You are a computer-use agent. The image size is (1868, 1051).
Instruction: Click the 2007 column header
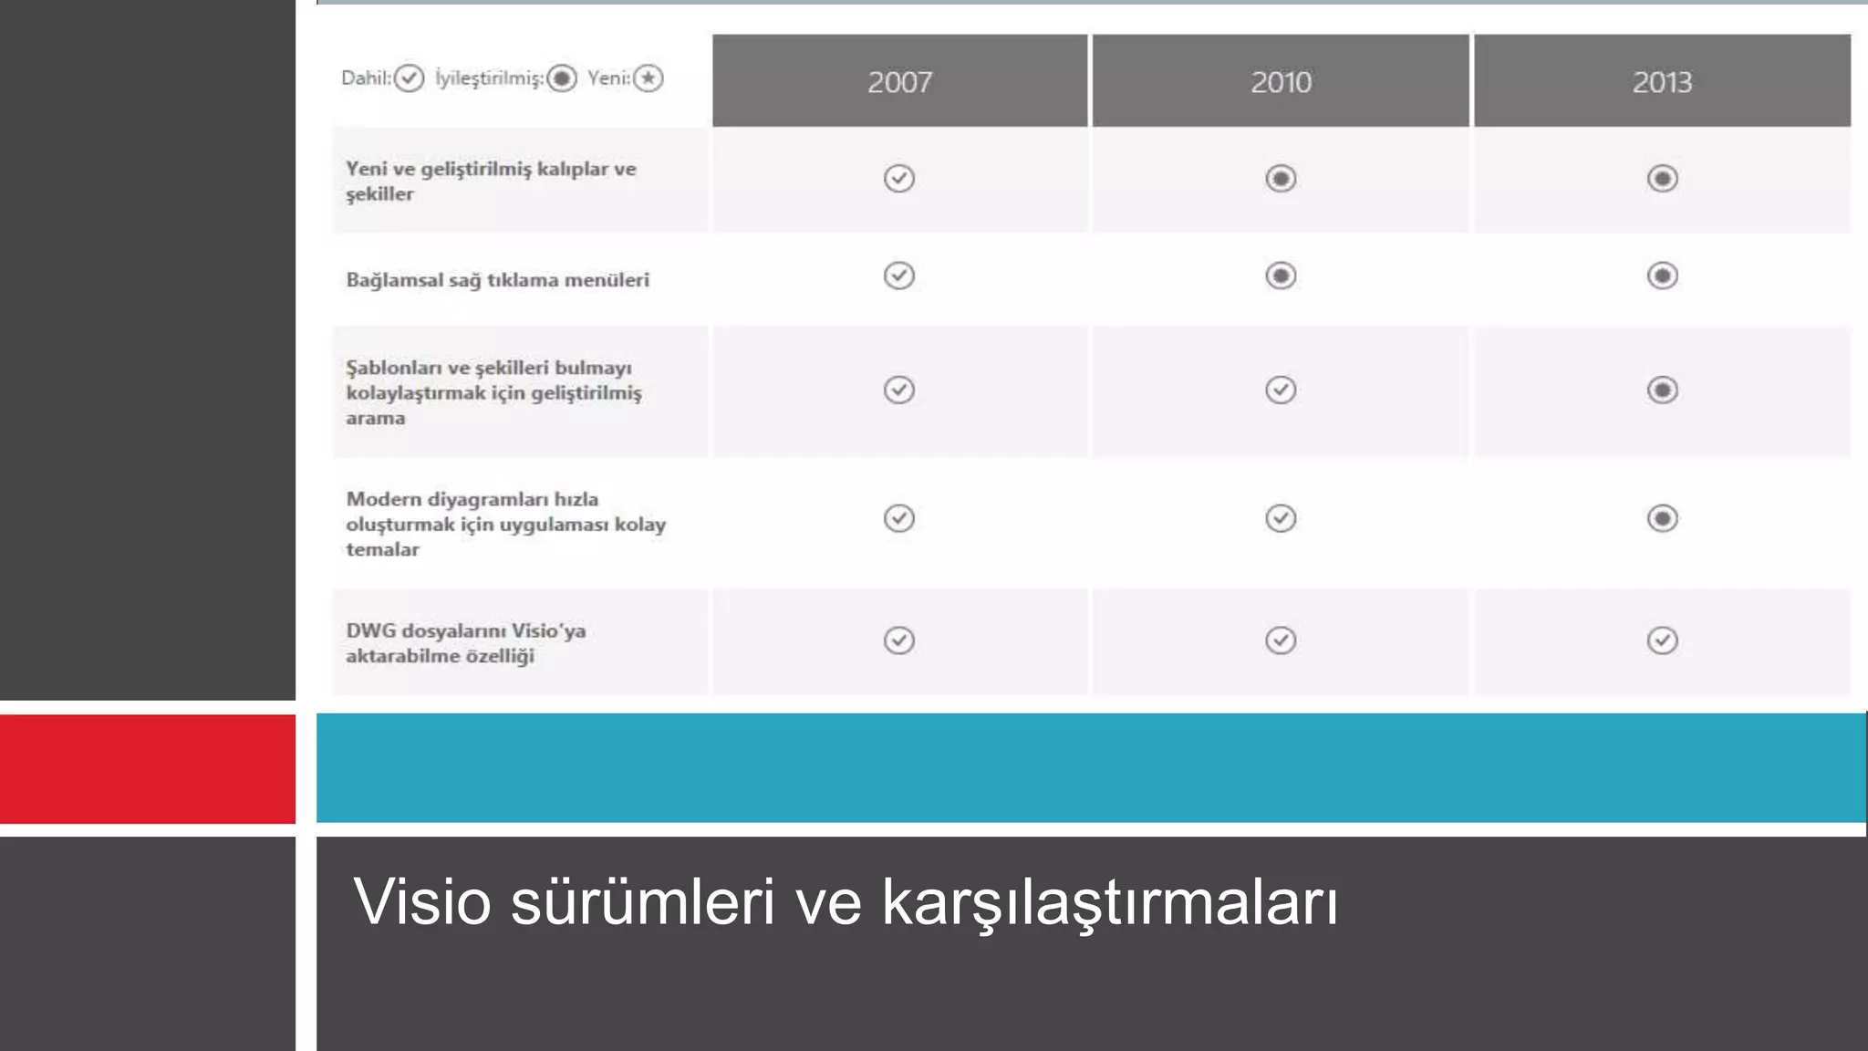click(x=899, y=82)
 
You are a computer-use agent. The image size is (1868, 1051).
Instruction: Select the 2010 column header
click(x=1281, y=82)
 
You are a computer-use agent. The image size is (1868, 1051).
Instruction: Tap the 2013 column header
click(x=1662, y=82)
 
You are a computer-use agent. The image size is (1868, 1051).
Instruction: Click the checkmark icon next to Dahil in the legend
click(x=410, y=78)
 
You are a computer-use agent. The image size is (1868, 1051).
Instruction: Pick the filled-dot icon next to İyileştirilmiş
click(x=562, y=78)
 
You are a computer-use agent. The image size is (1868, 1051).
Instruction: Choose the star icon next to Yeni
click(x=649, y=78)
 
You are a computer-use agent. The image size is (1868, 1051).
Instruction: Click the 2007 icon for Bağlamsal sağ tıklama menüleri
click(x=899, y=276)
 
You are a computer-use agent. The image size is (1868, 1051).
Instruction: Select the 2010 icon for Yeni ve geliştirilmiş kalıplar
click(x=1281, y=178)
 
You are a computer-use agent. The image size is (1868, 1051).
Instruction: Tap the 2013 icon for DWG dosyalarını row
click(x=1662, y=640)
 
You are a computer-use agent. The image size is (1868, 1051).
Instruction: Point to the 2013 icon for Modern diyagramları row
click(x=1662, y=518)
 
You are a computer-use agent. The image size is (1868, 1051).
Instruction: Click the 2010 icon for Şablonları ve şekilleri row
click(x=1281, y=390)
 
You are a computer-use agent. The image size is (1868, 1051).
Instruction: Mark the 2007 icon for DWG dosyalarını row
click(x=899, y=640)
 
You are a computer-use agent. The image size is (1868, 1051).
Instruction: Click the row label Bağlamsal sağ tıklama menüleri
click(x=497, y=280)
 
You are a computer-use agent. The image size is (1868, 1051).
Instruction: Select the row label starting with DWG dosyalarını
click(x=465, y=643)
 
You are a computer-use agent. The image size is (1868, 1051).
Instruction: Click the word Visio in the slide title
click(x=421, y=901)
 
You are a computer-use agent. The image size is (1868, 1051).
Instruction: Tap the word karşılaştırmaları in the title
click(x=1109, y=901)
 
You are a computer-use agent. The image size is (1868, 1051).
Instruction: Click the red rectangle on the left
click(x=148, y=768)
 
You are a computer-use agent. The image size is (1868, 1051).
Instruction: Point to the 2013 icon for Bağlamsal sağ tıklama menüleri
click(x=1662, y=276)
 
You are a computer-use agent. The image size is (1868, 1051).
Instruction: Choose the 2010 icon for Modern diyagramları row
click(x=1281, y=518)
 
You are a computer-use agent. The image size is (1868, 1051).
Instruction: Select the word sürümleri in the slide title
click(x=642, y=901)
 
